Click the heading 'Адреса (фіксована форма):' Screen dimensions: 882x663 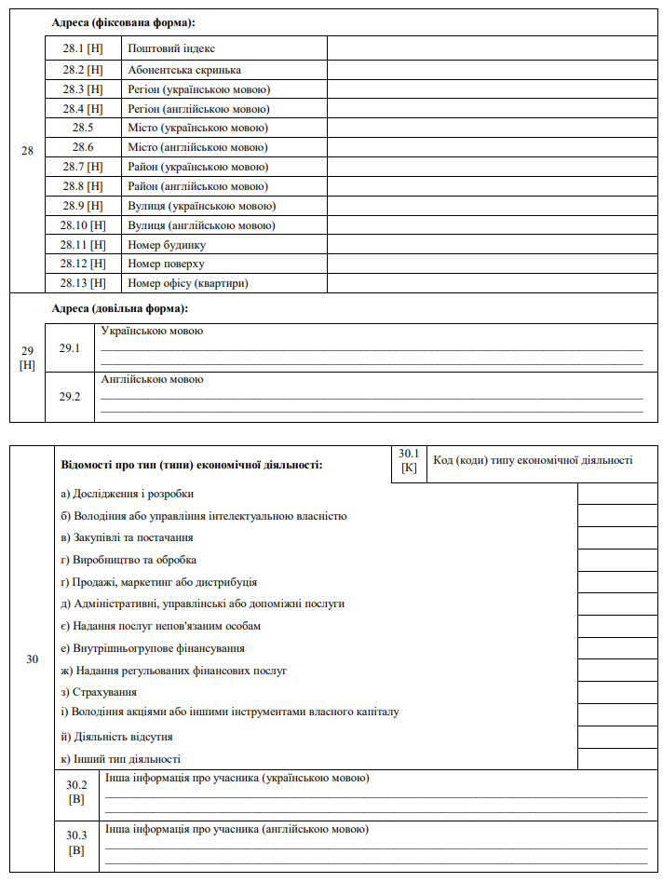tap(129, 21)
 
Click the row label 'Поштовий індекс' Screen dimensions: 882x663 tap(171, 48)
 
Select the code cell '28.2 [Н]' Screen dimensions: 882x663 tap(83, 70)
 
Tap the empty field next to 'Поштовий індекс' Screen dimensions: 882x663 tap(492, 48)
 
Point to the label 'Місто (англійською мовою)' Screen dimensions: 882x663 tap(197, 147)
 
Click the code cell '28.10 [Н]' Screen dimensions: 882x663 tap(83, 225)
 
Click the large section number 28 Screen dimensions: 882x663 tap(27, 151)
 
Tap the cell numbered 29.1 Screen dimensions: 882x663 tap(71, 348)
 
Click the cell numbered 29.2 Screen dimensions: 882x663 tap(71, 397)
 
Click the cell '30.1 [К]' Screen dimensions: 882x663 tap(409, 460)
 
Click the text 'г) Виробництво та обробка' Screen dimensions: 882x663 tap(129, 560)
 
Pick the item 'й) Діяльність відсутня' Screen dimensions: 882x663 tap(116, 737)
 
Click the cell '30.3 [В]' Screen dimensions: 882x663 tap(76, 843)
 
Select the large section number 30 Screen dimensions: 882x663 tap(33, 659)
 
